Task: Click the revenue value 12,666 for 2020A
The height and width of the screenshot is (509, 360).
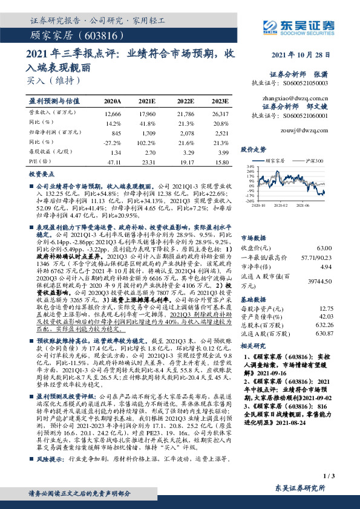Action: coord(113,114)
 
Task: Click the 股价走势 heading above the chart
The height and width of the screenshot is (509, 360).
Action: coord(254,148)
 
